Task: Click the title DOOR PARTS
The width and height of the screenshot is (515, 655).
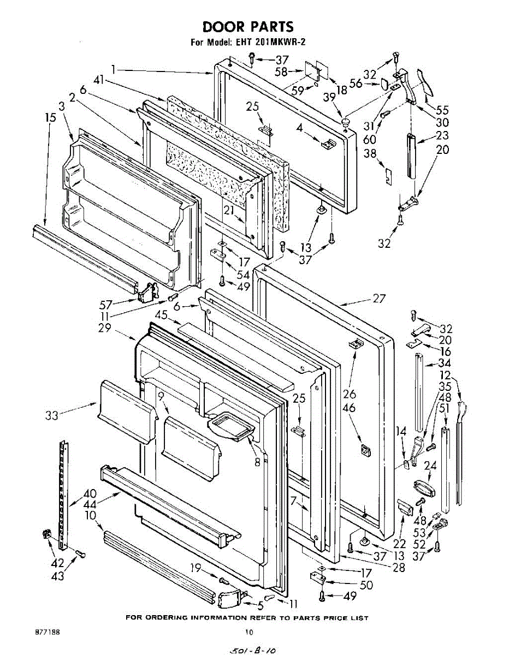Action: click(248, 27)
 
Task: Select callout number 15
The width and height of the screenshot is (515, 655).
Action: click(50, 117)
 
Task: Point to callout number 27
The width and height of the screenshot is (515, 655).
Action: click(378, 299)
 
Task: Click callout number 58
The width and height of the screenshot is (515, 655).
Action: click(281, 71)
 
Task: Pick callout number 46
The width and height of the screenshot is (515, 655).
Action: click(349, 407)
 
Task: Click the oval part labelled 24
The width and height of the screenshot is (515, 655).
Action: click(423, 487)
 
